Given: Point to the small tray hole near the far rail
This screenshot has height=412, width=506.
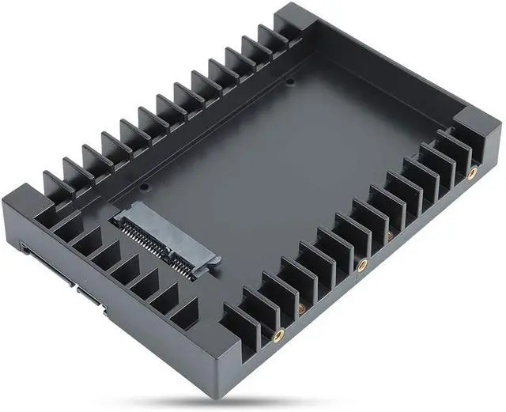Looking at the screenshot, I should [x=289, y=81].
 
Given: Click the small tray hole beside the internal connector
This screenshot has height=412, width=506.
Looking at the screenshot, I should [x=145, y=188].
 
